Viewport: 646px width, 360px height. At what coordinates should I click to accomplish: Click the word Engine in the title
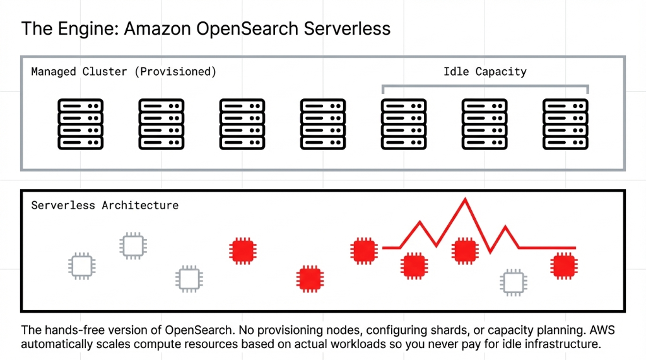coord(79,28)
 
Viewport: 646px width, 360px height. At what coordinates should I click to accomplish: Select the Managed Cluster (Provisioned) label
coord(124,71)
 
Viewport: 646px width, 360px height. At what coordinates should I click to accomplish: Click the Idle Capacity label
coord(484,71)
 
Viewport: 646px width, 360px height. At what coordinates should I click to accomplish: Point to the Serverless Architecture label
coord(105,206)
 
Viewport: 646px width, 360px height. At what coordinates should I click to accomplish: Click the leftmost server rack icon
coord(80,124)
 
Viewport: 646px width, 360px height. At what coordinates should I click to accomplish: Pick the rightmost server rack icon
coord(565,124)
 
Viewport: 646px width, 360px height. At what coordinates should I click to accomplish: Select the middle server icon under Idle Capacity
coord(484,124)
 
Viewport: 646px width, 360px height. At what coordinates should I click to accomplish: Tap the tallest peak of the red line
coord(466,200)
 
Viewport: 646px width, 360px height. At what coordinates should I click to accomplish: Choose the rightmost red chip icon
coord(563,265)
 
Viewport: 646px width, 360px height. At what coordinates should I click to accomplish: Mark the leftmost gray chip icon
coord(81,265)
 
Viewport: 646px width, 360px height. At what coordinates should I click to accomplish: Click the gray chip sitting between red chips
coord(513,282)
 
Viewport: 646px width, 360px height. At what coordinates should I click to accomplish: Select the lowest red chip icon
coord(310,279)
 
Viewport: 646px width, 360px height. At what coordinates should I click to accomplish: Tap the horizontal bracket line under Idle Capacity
coord(484,86)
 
